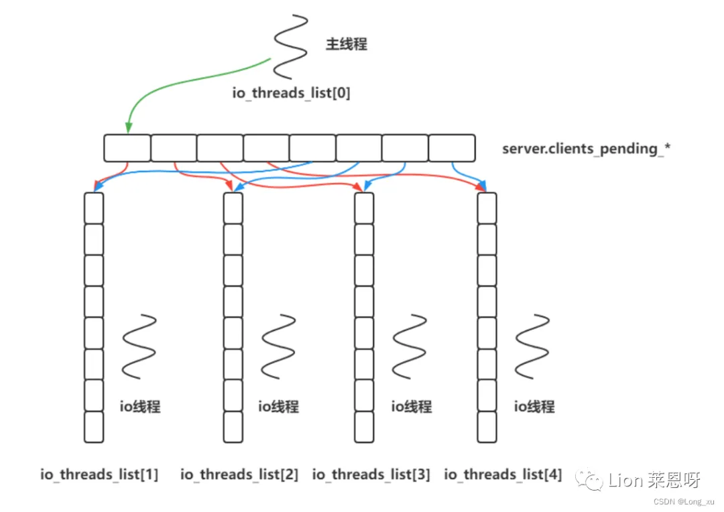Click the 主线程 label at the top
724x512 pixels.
[x=347, y=45]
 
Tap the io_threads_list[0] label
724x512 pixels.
[x=292, y=93]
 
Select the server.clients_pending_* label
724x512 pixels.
[x=587, y=149]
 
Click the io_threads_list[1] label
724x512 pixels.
[x=100, y=475]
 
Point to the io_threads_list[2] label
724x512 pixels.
[x=239, y=475]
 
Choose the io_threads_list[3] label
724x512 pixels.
[x=371, y=475]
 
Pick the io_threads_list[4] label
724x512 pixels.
[x=503, y=475]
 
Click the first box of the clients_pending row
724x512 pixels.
[x=127, y=148]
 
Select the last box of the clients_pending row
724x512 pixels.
[x=452, y=148]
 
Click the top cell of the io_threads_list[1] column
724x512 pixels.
[x=94, y=208]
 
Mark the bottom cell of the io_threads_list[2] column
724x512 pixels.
[x=233, y=427]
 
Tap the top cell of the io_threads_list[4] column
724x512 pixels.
[x=487, y=208]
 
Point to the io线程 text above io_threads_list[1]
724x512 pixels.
[x=140, y=406]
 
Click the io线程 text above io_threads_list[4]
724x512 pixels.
[x=534, y=406]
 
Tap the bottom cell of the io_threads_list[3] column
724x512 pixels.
[x=364, y=427]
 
